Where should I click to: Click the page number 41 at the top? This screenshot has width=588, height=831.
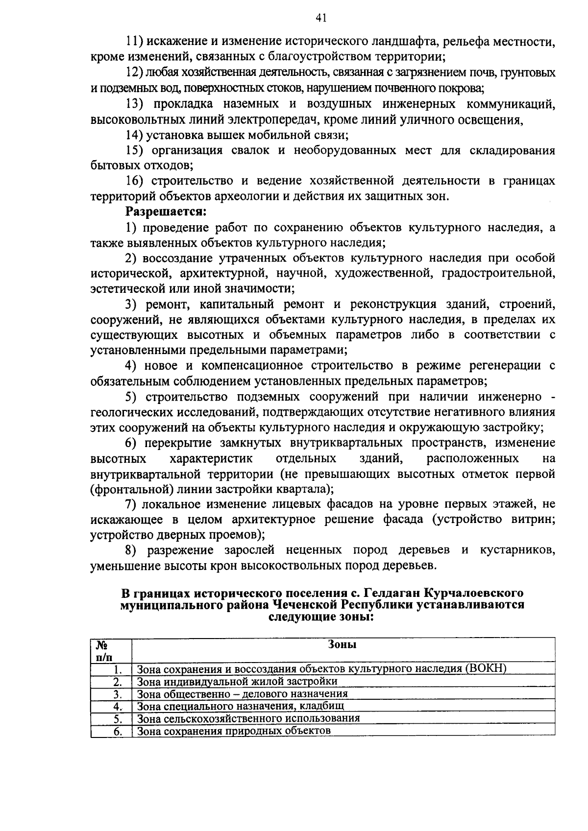click(321, 18)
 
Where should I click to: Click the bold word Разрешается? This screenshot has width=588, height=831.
click(166, 212)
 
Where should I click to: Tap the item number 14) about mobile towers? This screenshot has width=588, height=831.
click(134, 135)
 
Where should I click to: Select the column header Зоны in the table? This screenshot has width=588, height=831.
click(342, 644)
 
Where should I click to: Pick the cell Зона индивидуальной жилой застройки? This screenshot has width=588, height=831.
click(237, 681)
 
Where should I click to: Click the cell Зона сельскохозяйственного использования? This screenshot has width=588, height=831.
click(248, 718)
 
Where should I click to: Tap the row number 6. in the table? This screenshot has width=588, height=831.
click(118, 731)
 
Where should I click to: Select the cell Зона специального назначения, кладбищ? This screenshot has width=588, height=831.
click(240, 706)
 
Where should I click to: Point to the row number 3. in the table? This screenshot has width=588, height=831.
click(118, 694)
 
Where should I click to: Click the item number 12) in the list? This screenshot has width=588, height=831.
click(134, 73)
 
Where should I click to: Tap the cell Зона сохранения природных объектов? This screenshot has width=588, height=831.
click(234, 731)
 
